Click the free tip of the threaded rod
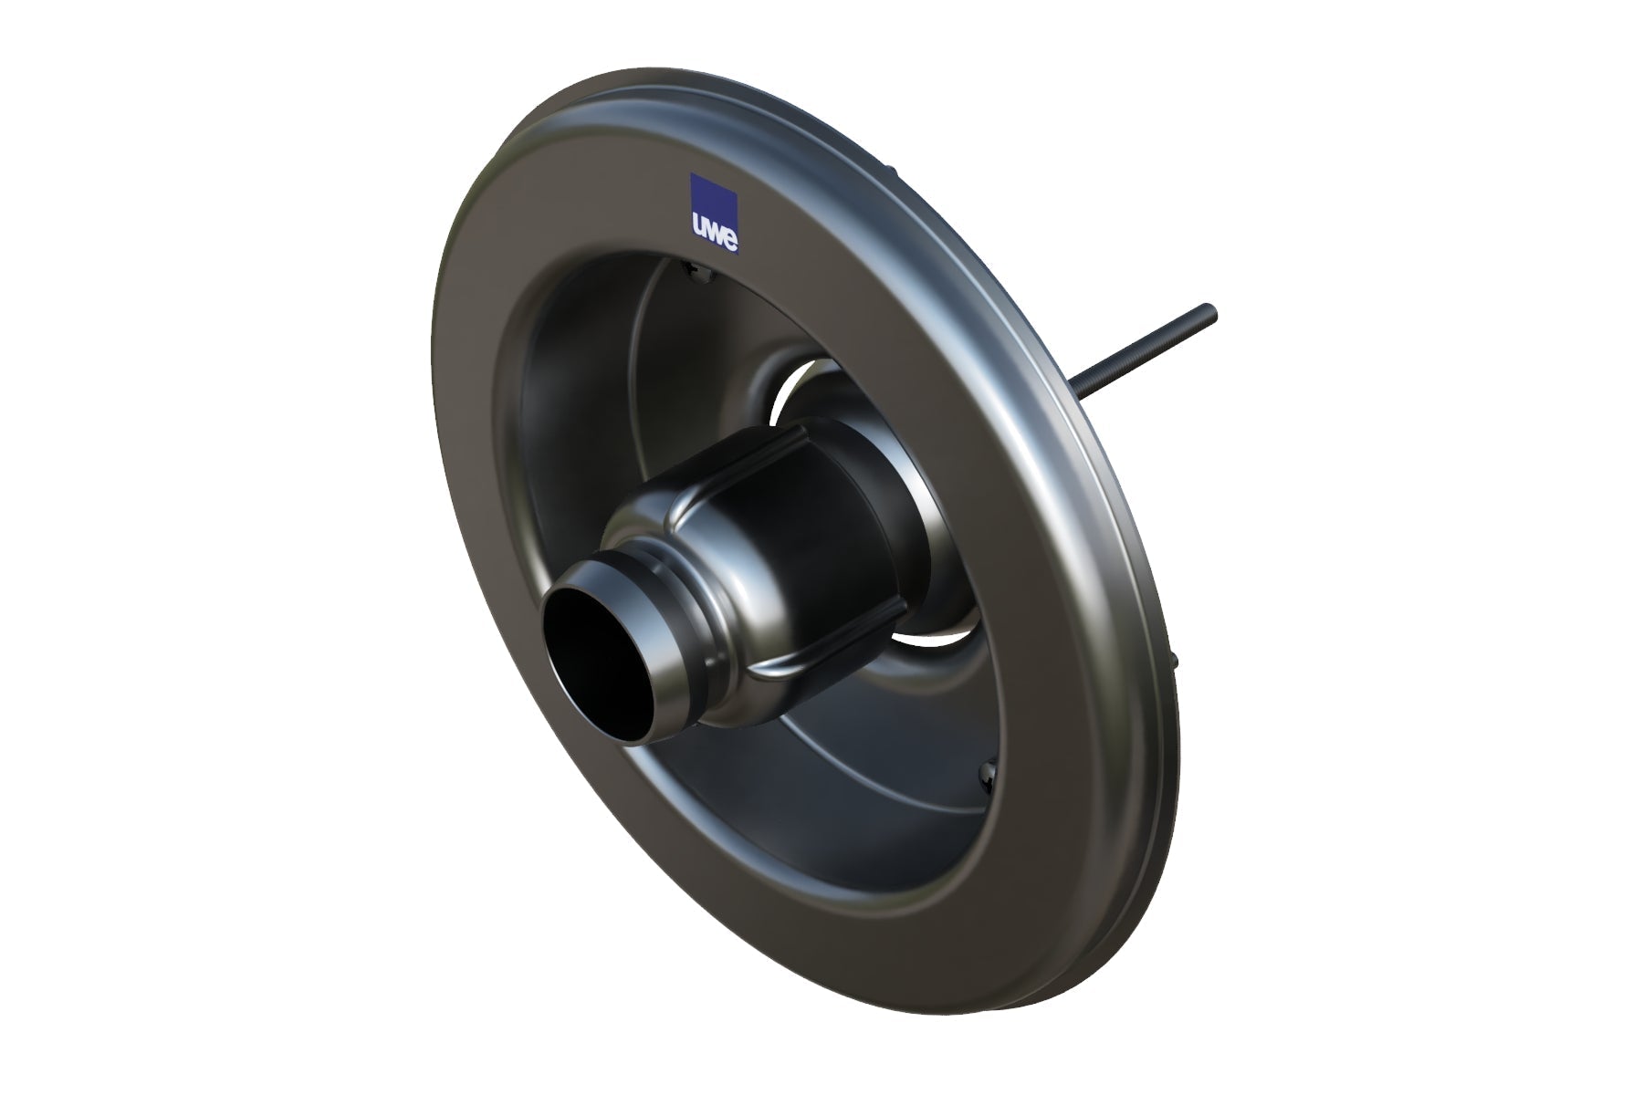pyautogui.click(x=1209, y=308)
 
